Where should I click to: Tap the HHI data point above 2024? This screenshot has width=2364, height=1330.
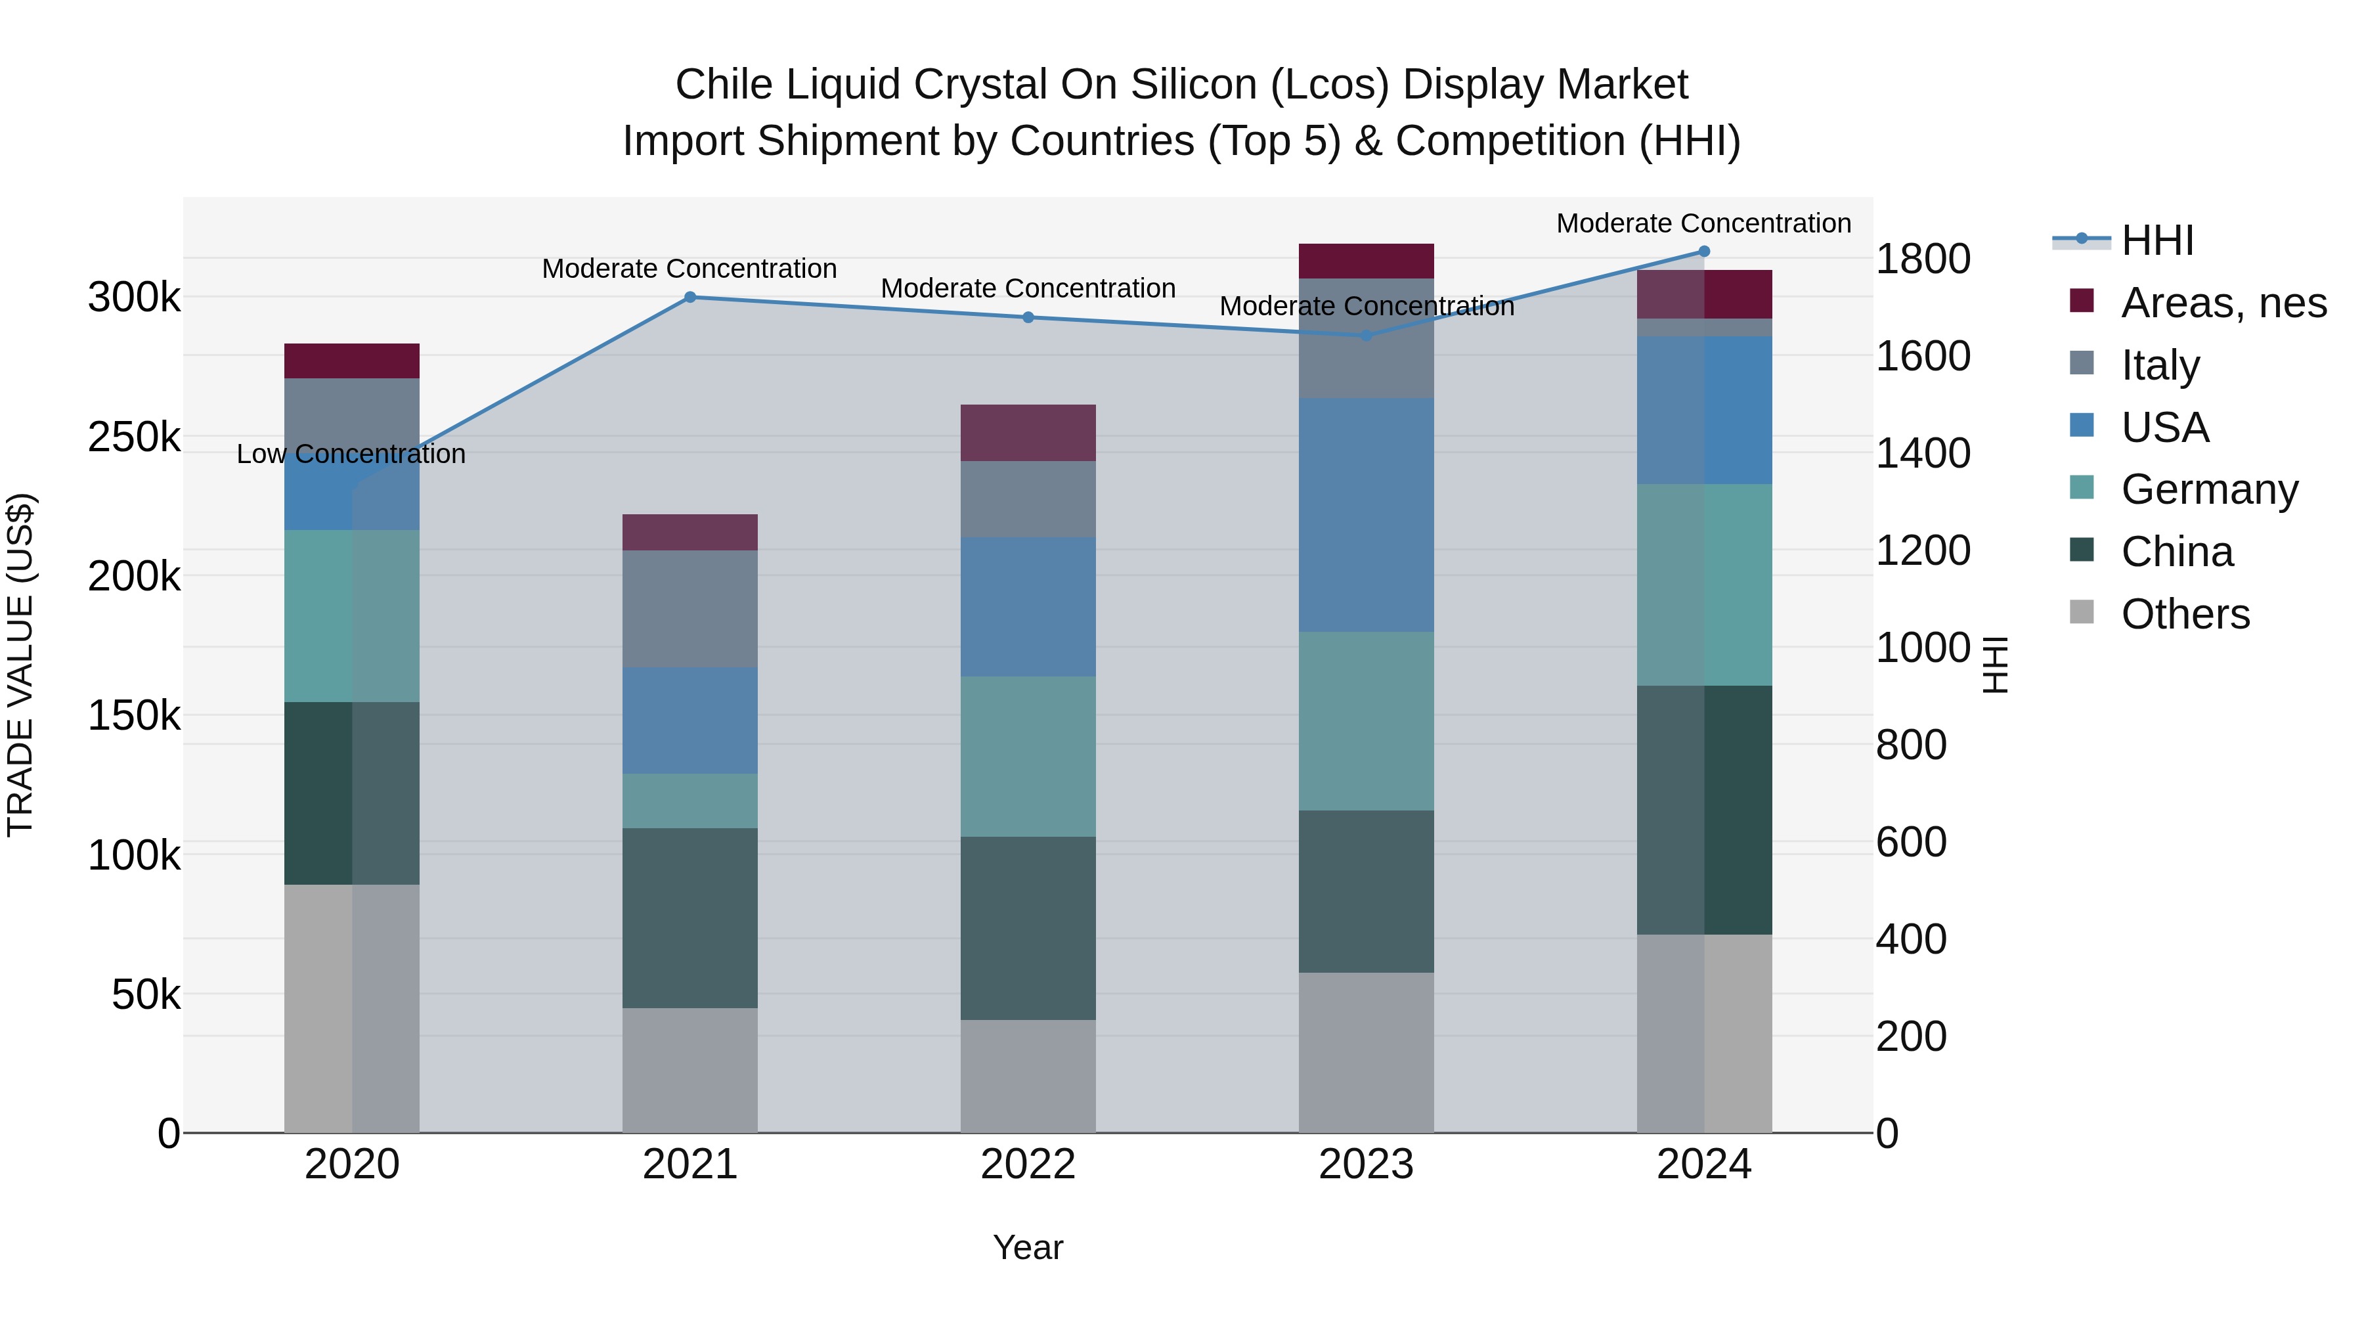1704,252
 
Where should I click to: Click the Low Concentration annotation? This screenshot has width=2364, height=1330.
351,454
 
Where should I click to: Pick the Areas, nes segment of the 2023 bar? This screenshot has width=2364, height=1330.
1366,261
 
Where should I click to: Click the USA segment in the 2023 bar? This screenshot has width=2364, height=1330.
1366,515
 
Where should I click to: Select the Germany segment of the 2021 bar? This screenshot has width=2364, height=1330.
690,801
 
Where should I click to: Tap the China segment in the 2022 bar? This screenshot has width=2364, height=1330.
1028,928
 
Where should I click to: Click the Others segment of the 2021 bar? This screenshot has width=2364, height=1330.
690,1071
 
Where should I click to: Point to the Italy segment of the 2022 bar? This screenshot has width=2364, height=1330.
1028,499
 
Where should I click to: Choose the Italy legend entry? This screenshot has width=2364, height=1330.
2160,365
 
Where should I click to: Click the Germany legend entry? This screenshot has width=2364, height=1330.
2209,489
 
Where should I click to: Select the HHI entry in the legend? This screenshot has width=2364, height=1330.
2156,240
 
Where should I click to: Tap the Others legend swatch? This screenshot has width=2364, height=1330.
2082,612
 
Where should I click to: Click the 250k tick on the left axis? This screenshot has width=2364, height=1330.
134,438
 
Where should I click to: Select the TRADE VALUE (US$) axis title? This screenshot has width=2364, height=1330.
21,665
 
